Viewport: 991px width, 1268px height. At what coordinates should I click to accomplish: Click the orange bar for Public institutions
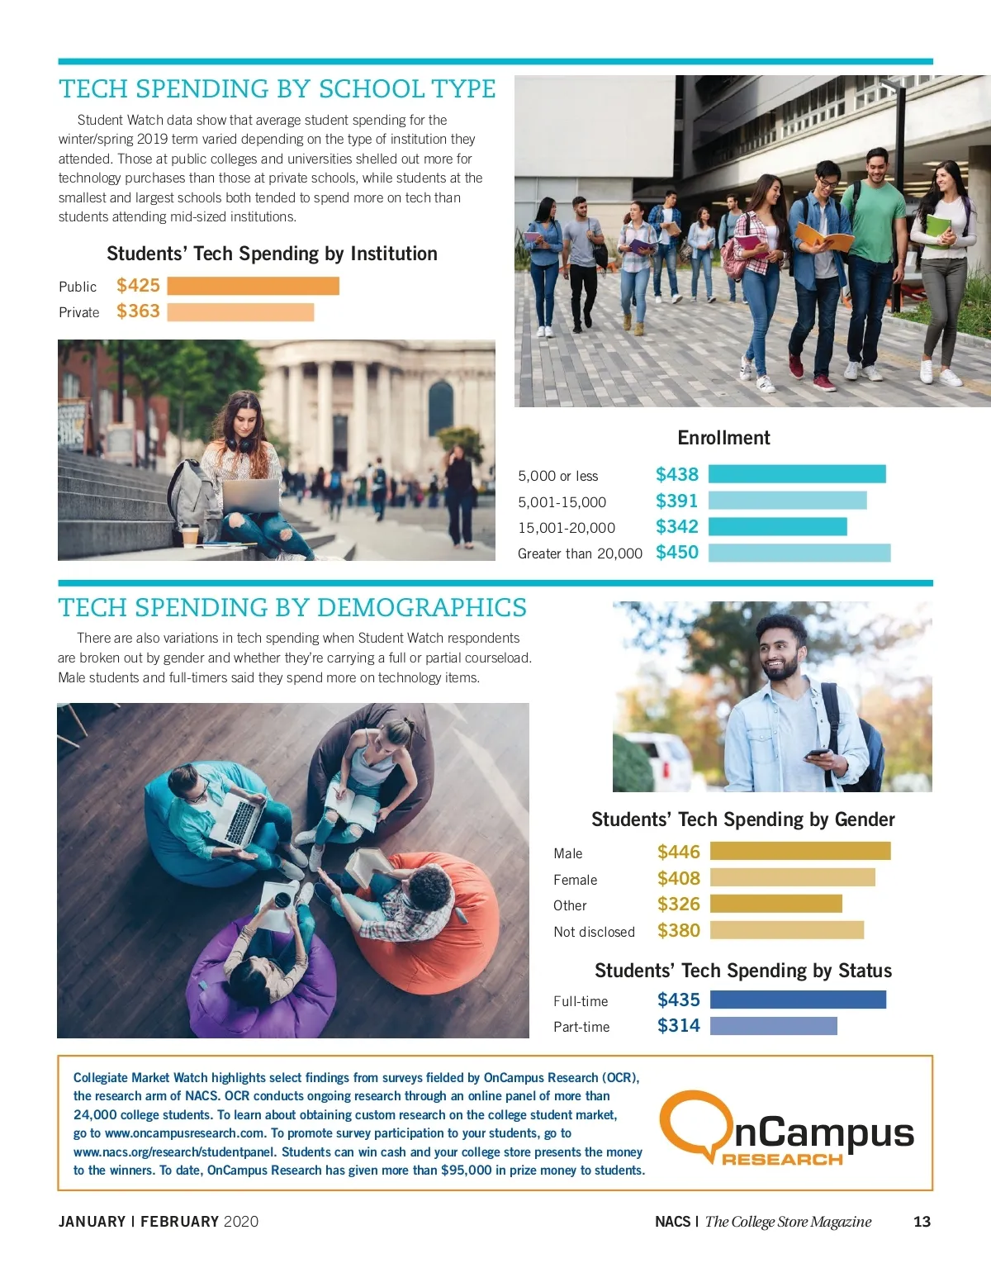pos(253,286)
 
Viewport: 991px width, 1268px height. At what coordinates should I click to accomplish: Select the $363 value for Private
pos(138,311)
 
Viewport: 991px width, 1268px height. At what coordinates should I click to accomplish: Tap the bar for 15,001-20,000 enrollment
pos(777,527)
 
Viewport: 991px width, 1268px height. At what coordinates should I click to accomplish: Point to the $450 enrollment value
pos(676,553)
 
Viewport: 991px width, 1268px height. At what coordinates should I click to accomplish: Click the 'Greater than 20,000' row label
pos(580,553)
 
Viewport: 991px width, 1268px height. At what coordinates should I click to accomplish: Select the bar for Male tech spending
pos(799,852)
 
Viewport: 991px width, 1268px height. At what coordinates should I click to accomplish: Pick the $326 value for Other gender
pos(678,905)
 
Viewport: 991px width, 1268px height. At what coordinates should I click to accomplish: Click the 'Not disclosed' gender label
pos(594,932)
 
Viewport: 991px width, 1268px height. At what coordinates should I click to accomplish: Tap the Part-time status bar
pos(773,1026)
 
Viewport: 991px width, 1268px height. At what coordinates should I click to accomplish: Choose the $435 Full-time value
pos(678,1000)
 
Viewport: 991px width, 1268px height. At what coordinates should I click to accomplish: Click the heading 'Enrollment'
pos(723,438)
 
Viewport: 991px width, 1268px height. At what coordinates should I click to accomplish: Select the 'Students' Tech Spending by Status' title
pos(742,971)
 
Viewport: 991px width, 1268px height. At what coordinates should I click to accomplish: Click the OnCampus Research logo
pos(785,1128)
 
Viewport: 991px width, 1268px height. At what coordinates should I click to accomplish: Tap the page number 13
pos(922,1222)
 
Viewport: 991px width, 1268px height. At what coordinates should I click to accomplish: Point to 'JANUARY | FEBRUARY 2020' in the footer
pos(159,1222)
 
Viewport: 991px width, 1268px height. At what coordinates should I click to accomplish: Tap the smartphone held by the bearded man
pos(817,754)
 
